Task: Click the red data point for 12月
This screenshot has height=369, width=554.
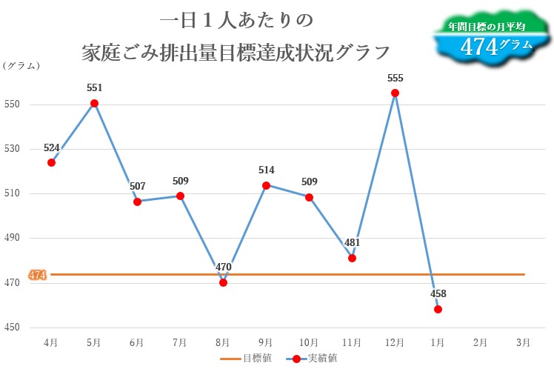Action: [x=395, y=93]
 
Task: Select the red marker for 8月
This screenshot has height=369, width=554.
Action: [x=223, y=282]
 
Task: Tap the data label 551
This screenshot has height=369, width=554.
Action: [x=94, y=87]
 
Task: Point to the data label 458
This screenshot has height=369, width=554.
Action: [x=438, y=293]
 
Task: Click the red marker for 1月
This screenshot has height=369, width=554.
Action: [x=438, y=309]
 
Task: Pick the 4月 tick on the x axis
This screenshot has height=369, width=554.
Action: [x=51, y=342]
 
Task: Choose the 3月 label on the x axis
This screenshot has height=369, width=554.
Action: [x=523, y=342]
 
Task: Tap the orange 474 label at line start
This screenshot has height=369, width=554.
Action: [x=37, y=275]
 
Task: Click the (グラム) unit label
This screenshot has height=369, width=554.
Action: [x=21, y=66]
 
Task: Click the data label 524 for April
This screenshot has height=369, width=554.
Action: [x=52, y=147]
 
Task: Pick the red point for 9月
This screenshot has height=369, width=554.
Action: [x=266, y=185]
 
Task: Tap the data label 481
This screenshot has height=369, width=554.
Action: [x=353, y=242]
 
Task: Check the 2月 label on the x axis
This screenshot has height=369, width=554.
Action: [x=480, y=342]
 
